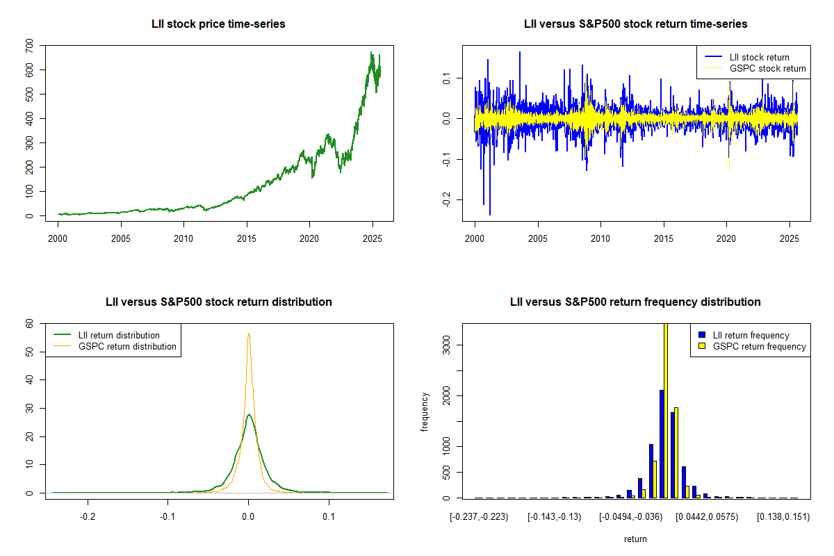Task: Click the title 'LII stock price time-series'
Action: (218, 24)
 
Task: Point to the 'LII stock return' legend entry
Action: (758, 57)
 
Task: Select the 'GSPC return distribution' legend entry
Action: (127, 346)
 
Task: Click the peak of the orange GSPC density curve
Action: (248, 334)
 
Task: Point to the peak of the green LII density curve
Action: (249, 415)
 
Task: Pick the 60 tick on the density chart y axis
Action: (28, 324)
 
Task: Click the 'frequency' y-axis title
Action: (425, 412)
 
